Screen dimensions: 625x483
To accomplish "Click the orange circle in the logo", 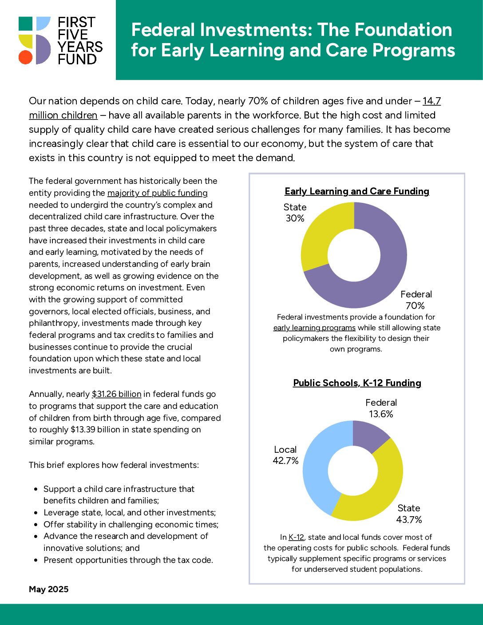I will pos(25,57).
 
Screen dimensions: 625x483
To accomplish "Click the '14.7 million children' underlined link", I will pos(63,115).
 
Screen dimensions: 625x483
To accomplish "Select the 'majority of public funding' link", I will pos(158,193).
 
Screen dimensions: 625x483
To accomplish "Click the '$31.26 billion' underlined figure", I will pos(116,394).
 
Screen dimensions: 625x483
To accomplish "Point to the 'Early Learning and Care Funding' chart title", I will pos(357,191).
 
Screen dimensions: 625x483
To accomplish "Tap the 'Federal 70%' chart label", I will pos(416,300).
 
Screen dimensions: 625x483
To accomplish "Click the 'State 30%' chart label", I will pos(295,213).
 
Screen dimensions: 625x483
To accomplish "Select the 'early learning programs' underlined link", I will pos(314,328).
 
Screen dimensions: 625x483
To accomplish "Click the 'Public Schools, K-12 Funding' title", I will pos(357,383).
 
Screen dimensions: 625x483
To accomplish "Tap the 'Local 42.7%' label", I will pos(285,455).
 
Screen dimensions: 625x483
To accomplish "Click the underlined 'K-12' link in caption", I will pos(296,538).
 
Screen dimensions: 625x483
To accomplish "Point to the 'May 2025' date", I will pos(49,589).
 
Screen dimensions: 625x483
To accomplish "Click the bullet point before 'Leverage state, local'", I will pos(36,513).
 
